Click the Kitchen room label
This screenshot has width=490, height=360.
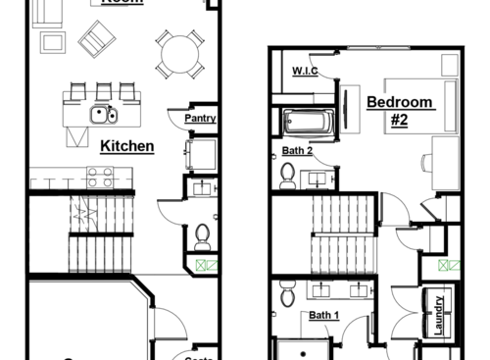click(x=127, y=146)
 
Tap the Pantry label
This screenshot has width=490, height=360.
click(x=199, y=119)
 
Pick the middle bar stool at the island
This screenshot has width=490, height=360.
click(x=103, y=91)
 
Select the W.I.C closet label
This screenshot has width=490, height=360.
click(x=304, y=72)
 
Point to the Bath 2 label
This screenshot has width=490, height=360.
click(x=297, y=150)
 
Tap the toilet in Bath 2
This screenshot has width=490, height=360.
click(x=288, y=175)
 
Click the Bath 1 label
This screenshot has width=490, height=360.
click(x=323, y=315)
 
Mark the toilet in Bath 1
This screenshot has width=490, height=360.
click(x=287, y=290)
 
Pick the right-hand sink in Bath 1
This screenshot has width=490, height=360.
click(x=359, y=289)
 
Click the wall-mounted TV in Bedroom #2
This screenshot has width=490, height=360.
click(x=347, y=107)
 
